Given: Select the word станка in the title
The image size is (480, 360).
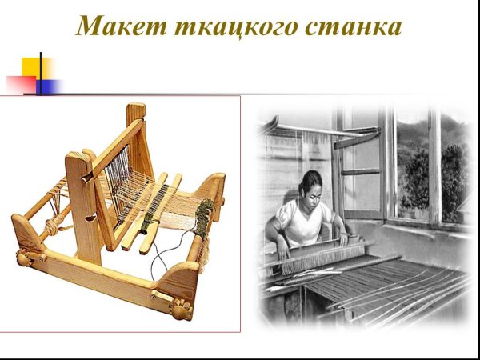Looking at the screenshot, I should click(x=352, y=26).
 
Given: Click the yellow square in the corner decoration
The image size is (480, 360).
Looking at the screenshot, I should click(x=35, y=66).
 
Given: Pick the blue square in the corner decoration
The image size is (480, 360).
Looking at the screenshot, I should click(x=50, y=86).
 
